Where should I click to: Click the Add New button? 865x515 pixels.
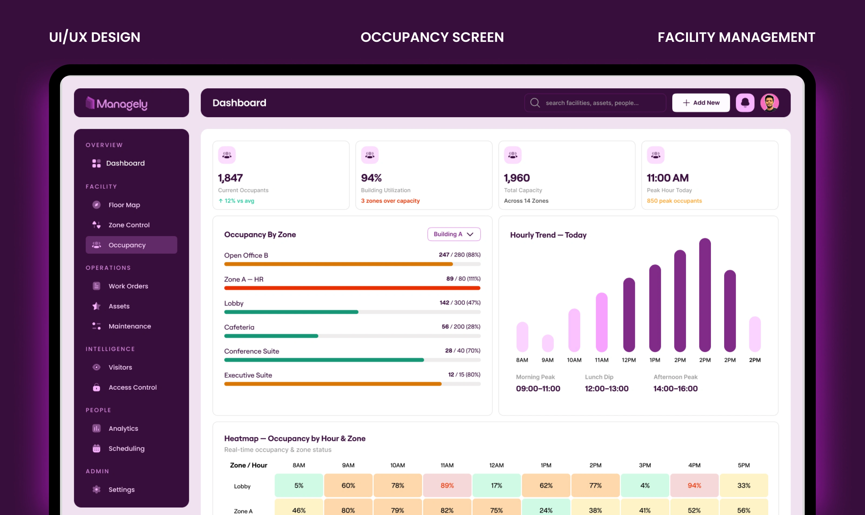click(x=701, y=103)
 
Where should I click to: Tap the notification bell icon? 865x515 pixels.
click(x=745, y=103)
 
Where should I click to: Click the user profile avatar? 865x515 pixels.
click(x=770, y=103)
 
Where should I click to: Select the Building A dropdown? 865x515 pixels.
click(x=454, y=234)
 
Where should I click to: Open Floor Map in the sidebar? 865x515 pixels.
click(x=124, y=205)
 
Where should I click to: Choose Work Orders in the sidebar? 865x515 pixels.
click(x=128, y=286)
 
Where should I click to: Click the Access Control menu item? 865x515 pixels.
click(x=132, y=388)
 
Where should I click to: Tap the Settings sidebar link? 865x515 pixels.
click(x=121, y=490)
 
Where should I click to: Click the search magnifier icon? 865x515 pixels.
click(x=535, y=103)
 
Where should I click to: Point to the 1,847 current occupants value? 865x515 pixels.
click(x=230, y=178)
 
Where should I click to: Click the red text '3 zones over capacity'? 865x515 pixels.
click(x=390, y=201)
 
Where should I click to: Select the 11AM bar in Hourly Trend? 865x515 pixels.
click(x=601, y=322)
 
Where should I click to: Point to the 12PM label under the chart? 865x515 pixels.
click(x=628, y=360)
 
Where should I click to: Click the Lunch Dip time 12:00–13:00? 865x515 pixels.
click(x=607, y=389)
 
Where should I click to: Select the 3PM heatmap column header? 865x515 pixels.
click(x=645, y=465)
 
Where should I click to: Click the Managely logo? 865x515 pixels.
click(x=117, y=103)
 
